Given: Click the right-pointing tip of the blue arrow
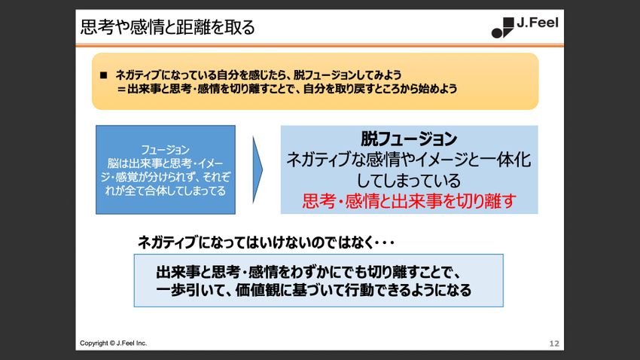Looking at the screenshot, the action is point(263,169).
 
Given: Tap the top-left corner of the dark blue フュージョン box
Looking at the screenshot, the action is point(96,125).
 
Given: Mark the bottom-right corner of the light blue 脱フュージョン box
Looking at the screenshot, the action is point(538,213).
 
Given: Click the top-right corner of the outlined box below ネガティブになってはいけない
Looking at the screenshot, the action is point(503,255).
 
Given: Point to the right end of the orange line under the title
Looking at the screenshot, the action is point(564,45).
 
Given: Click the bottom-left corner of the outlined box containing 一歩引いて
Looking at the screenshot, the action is point(134,307).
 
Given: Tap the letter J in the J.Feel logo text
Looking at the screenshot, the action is point(520,23).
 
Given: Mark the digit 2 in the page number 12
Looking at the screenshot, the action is point(556,343).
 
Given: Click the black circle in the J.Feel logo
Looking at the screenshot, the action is point(497,33).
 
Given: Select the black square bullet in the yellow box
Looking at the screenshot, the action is point(104,75).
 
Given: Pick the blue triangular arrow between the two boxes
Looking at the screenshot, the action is point(258,169).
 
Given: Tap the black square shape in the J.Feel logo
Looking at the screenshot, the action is point(508,23).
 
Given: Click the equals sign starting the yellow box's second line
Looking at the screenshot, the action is point(120,89).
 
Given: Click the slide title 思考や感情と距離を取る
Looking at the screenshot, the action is point(167,27).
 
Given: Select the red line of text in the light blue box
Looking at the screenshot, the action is point(409,201).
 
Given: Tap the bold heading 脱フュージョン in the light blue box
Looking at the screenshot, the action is point(409,139).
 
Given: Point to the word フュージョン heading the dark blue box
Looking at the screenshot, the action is point(166,150).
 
